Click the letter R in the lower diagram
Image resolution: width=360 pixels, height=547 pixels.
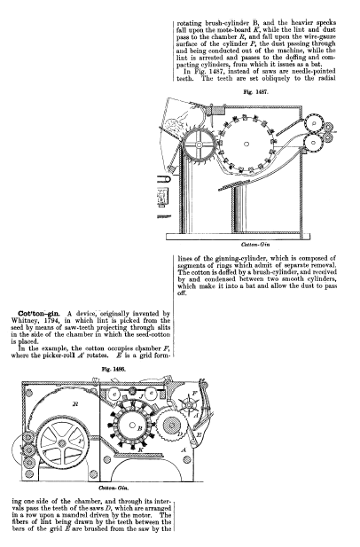coord(75,404)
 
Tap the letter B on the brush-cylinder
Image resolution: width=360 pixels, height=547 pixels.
coord(139,428)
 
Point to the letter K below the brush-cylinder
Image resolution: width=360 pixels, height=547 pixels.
coord(141,449)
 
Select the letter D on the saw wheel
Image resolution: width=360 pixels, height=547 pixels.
coord(180,434)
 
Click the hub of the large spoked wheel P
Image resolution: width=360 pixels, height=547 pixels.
coord(62,443)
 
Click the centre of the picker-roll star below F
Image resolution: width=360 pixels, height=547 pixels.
coord(189,404)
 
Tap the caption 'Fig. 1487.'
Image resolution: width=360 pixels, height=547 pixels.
coord(255,91)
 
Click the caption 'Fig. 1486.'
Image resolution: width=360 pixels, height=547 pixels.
coord(113,369)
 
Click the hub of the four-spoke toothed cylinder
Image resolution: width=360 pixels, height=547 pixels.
coord(199,145)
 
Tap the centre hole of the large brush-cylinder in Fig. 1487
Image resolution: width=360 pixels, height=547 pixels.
coord(247,144)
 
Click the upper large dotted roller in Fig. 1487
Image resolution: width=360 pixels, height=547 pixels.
coord(314,123)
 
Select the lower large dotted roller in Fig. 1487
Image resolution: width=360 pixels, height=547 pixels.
coord(313,143)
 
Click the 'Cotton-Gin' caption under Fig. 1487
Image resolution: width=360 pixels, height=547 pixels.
coord(255,245)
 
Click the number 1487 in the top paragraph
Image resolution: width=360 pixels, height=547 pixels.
coord(216,72)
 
